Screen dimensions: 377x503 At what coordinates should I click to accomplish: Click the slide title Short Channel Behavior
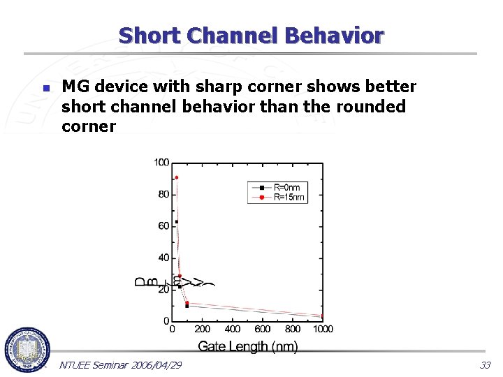pos(251,35)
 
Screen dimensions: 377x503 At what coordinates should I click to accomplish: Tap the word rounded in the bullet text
pos(370,106)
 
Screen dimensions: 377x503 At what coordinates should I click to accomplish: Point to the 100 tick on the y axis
pos(161,163)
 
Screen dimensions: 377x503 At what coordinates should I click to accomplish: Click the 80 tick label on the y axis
pos(163,194)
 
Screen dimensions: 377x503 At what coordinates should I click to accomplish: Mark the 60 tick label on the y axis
pos(163,226)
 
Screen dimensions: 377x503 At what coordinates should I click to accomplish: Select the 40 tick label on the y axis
pos(163,258)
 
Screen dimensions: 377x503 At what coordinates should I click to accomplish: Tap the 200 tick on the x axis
pos(203,329)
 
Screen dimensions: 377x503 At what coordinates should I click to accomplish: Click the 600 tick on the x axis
pos(263,329)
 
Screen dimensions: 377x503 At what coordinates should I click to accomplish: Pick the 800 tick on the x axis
pos(293,329)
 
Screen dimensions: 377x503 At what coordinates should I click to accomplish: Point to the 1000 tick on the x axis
pos(323,329)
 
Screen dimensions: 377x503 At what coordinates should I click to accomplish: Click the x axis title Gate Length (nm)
pos(248,346)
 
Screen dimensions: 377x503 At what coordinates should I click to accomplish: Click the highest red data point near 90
pos(177,177)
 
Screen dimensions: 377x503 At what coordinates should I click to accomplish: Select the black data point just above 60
pos(177,222)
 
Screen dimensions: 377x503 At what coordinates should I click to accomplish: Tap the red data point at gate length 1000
pos(322,316)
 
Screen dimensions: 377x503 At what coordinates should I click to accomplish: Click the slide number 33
pos(485,365)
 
